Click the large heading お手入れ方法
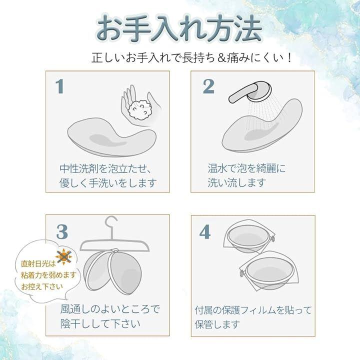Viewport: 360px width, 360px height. tap(179, 28)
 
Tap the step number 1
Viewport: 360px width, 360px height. tap(59, 86)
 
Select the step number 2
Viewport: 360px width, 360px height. tap(208, 86)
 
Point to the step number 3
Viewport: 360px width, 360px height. tap(62, 232)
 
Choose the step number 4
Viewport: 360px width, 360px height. tap(205, 232)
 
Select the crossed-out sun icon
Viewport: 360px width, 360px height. tap(64, 256)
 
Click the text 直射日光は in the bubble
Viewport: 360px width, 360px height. tap(38, 263)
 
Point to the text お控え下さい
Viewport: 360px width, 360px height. tap(42, 286)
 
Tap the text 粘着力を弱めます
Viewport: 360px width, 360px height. tap(48, 275)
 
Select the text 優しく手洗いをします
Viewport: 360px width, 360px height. tap(108, 183)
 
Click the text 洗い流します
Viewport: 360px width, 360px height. tap(236, 183)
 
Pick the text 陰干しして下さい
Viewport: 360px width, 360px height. tap(100, 323)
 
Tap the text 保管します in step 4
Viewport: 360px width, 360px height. tap(217, 324)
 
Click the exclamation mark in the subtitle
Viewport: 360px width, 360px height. tap(289, 57)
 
